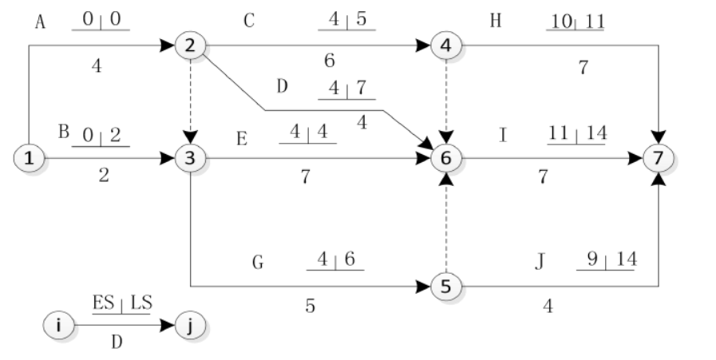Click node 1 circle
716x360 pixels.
click(x=30, y=158)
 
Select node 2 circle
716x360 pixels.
click(x=190, y=45)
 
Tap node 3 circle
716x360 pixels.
click(x=190, y=158)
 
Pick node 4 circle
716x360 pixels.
click(x=445, y=45)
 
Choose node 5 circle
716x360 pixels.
click(x=445, y=285)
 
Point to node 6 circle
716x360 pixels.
click(x=445, y=158)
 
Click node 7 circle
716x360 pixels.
click(x=658, y=158)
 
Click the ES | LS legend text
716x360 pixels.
click(x=121, y=304)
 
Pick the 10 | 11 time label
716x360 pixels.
click(x=575, y=20)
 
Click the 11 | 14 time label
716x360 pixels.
click(x=577, y=133)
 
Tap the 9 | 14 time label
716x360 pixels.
click(x=604, y=260)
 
